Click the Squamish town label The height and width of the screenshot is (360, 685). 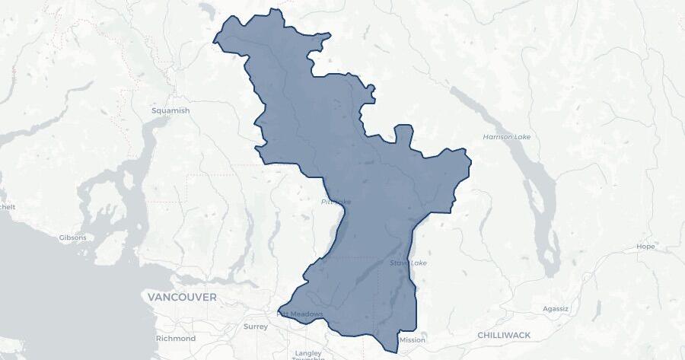[x=170, y=110]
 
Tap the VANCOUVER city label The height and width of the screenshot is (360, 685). [x=182, y=297]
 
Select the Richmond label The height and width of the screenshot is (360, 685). [x=175, y=338]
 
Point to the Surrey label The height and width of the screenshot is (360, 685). [x=256, y=327]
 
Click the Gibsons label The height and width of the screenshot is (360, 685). [x=73, y=237]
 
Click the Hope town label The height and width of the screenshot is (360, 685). [x=645, y=247]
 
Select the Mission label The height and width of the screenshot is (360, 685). [x=413, y=340]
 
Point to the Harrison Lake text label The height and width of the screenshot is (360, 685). [x=507, y=137]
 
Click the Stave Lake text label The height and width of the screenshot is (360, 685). [x=409, y=263]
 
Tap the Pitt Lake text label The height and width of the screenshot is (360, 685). [x=336, y=202]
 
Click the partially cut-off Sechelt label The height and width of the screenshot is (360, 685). [x=6, y=207]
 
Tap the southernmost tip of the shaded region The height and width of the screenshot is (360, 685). [x=396, y=352]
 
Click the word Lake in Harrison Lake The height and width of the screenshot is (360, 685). [x=521, y=137]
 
